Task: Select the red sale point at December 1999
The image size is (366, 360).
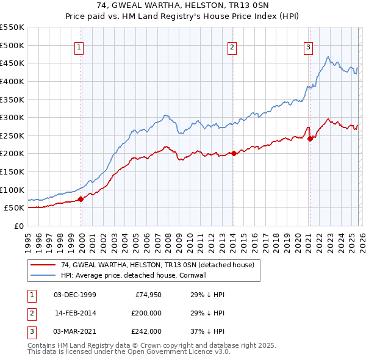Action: [81, 199]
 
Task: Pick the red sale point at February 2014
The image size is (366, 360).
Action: [234, 154]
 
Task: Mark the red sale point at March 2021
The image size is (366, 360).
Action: [310, 139]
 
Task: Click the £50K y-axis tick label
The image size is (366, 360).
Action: [14, 208]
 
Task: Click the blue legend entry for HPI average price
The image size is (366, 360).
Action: [134, 275]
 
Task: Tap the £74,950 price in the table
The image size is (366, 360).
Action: [148, 295]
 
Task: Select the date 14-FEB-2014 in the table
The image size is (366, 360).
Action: [75, 313]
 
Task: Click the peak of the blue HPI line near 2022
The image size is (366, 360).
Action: [328, 57]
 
